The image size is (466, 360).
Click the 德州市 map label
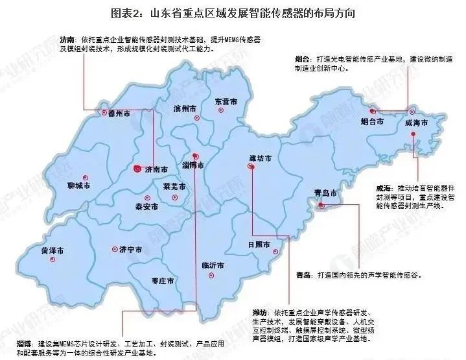pos(119,113)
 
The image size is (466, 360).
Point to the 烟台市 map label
pos(371,121)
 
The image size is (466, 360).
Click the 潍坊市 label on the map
pos(259,158)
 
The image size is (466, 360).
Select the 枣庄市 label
pos(163,280)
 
